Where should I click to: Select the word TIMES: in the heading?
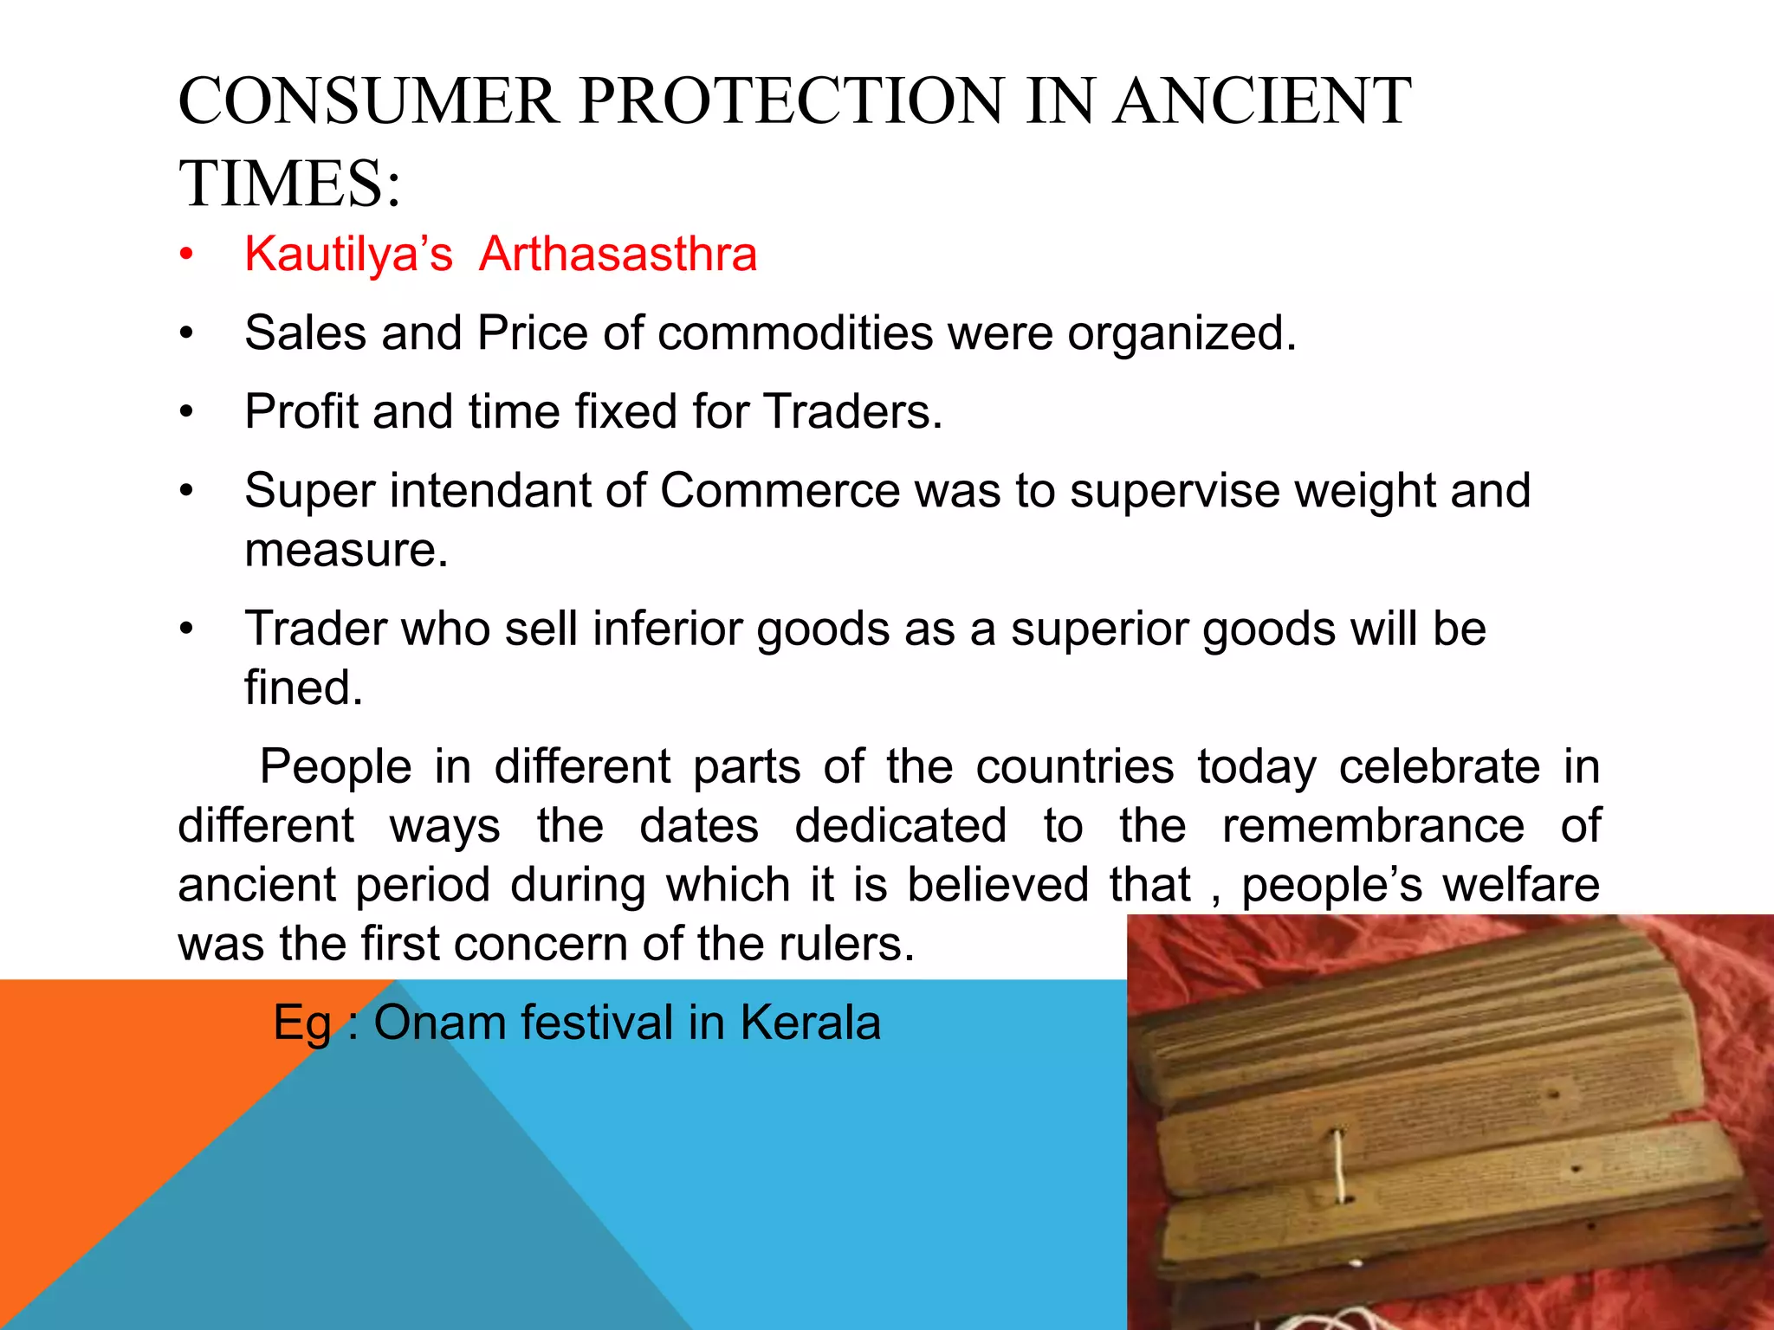pyautogui.click(x=290, y=184)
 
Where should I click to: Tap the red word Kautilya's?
pyautogui.click(x=348, y=255)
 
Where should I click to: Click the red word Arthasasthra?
pyautogui.click(x=618, y=255)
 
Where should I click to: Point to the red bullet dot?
pyautogui.click(x=185, y=255)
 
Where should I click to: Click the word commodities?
pyautogui.click(x=794, y=333)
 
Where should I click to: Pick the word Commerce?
pyautogui.click(x=780, y=491)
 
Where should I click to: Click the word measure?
pyautogui.click(x=346, y=551)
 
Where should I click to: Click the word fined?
pyautogui.click(x=303, y=688)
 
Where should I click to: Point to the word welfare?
pyautogui.click(x=1520, y=885)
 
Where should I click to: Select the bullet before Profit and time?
pyautogui.click(x=185, y=412)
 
